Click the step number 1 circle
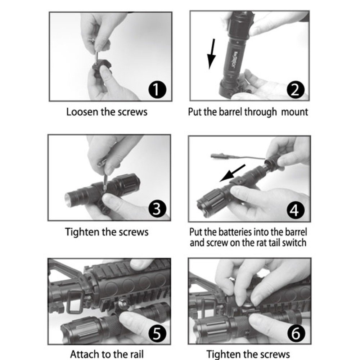click(157, 90)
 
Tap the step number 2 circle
click(296, 90)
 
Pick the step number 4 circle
click(296, 210)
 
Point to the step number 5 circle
click(157, 333)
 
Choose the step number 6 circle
click(296, 333)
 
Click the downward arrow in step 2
click(212, 54)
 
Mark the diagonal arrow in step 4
click(232, 173)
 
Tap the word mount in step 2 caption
click(294, 112)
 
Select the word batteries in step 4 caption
click(234, 232)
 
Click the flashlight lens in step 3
click(68, 197)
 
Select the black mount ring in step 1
click(101, 68)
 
